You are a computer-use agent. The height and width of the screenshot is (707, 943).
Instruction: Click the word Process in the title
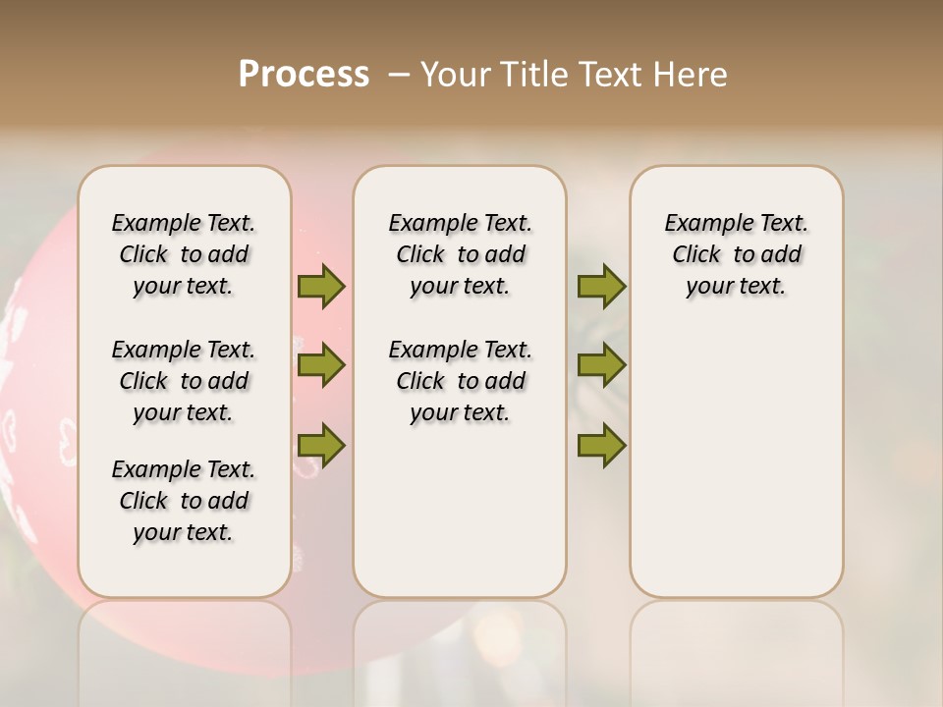[x=304, y=74]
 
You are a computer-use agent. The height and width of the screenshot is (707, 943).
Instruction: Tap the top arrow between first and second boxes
[x=321, y=287]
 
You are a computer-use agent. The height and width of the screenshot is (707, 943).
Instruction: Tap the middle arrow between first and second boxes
[x=321, y=365]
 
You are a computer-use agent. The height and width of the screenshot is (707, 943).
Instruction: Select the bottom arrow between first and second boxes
[x=321, y=445]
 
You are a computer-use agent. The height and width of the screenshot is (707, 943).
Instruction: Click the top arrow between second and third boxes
[x=601, y=287]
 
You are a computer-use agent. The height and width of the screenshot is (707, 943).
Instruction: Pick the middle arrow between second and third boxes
[x=601, y=365]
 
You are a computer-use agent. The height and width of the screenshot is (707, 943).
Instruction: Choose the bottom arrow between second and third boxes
[x=601, y=445]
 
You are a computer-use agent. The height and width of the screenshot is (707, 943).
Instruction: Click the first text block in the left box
[x=184, y=254]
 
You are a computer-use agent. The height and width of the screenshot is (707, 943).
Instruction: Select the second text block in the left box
[x=184, y=381]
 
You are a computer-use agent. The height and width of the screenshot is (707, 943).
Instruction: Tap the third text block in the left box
[x=184, y=501]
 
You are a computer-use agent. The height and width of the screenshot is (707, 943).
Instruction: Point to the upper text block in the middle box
[x=460, y=254]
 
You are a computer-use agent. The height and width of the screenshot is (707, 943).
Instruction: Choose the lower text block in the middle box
[x=460, y=381]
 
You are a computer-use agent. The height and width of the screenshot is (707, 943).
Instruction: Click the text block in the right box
[x=736, y=254]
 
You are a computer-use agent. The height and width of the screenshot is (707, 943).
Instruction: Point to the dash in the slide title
[x=399, y=74]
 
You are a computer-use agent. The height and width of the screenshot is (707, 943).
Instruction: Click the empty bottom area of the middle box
[x=460, y=511]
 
